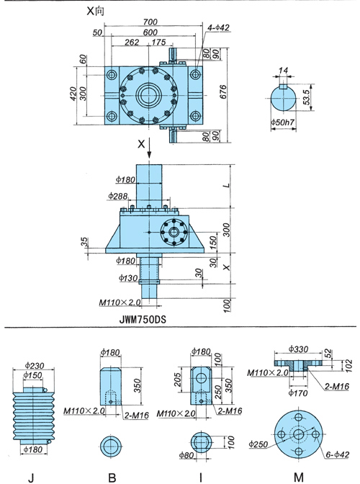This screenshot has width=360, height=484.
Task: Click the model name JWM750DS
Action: tap(143, 319)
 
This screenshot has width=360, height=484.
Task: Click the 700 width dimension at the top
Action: tap(150, 22)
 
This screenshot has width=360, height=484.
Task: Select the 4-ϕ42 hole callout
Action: tap(218, 27)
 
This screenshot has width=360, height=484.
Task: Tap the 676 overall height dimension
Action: tap(223, 91)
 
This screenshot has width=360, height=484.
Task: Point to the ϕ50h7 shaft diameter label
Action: tap(283, 122)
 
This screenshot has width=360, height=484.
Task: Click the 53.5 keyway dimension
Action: tap(306, 97)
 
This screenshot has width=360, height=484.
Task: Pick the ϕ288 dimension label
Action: tap(118, 196)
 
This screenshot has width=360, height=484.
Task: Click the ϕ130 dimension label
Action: tap(128, 278)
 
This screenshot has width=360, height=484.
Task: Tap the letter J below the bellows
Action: tap(31, 478)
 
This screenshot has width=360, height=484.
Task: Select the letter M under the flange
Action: tap(298, 478)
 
